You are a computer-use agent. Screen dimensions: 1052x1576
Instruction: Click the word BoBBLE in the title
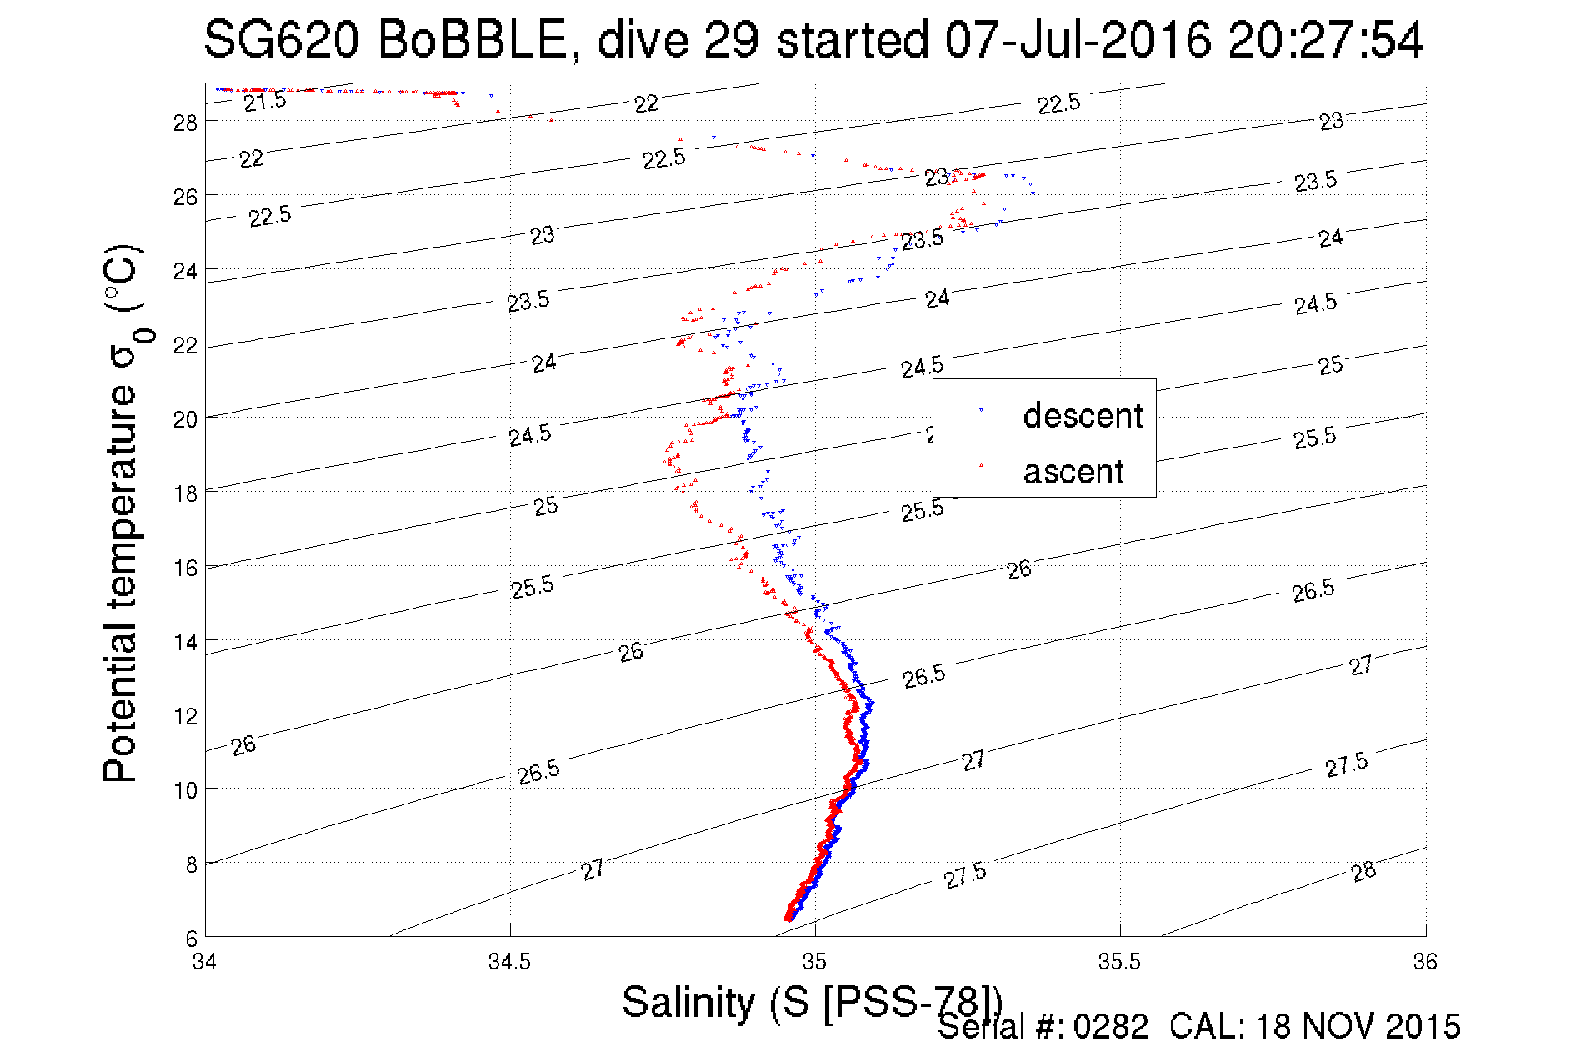click(x=473, y=39)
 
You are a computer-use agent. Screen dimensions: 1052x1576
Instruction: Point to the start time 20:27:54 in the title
click(x=1325, y=39)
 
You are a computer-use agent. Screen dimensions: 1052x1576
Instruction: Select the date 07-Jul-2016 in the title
click(x=1078, y=39)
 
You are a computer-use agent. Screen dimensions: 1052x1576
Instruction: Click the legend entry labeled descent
click(x=1082, y=415)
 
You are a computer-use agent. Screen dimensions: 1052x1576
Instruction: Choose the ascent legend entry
click(x=1073, y=472)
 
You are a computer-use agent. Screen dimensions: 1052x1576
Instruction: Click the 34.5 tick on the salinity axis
click(x=509, y=962)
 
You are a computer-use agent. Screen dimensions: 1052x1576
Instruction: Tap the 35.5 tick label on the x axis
click(x=1119, y=962)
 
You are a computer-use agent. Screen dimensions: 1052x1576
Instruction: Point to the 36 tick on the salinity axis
click(x=1425, y=962)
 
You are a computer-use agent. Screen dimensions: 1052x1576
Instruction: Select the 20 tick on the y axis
click(x=185, y=419)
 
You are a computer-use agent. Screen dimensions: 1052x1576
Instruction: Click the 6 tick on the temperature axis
click(x=191, y=938)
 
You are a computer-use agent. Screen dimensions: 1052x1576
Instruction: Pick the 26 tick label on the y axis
click(x=185, y=197)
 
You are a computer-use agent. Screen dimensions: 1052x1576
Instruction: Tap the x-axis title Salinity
click(x=688, y=1002)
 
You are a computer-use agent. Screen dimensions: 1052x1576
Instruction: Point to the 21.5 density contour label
click(x=265, y=102)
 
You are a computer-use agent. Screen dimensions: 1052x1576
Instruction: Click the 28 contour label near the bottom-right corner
click(x=1363, y=872)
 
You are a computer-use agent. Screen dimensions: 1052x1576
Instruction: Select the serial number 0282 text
click(x=1111, y=1027)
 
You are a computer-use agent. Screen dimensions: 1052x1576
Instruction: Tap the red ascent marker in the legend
click(x=981, y=465)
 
